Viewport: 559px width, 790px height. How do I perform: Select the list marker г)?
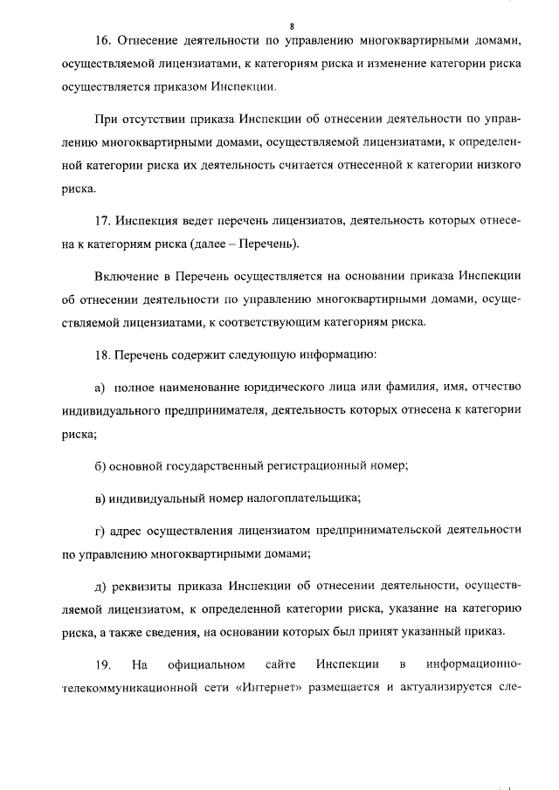click(100, 529)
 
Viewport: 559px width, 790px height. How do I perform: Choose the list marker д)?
click(100, 583)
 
